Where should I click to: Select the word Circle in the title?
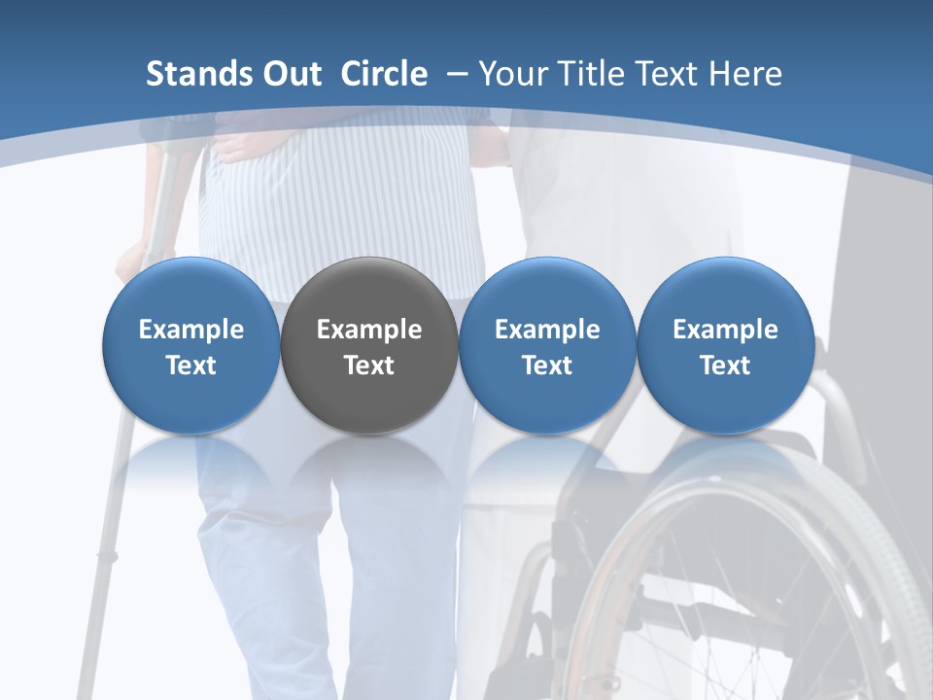pyautogui.click(x=384, y=74)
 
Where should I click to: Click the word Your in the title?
pyautogui.click(x=510, y=74)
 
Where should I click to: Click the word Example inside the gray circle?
pyautogui.click(x=369, y=330)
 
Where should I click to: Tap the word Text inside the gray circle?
pyautogui.click(x=369, y=366)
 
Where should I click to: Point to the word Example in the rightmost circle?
pyautogui.click(x=726, y=330)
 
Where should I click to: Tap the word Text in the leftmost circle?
pyautogui.click(x=190, y=366)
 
